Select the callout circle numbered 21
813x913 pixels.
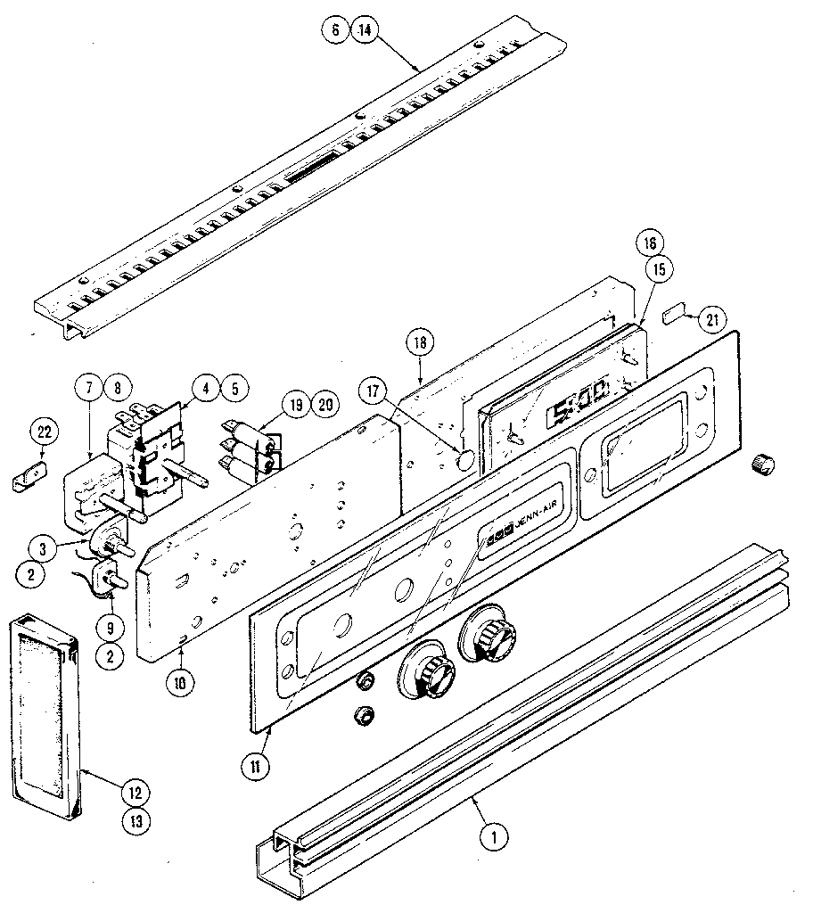[x=712, y=319]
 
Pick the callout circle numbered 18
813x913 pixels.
[x=419, y=341]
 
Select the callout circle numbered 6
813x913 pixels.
[x=333, y=29]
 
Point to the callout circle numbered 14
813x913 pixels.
[x=365, y=29]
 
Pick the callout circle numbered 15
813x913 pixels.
[x=661, y=269]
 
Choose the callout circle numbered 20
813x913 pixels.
[x=326, y=405]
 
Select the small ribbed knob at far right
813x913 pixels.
[x=762, y=463]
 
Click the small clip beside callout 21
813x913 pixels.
[x=673, y=313]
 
